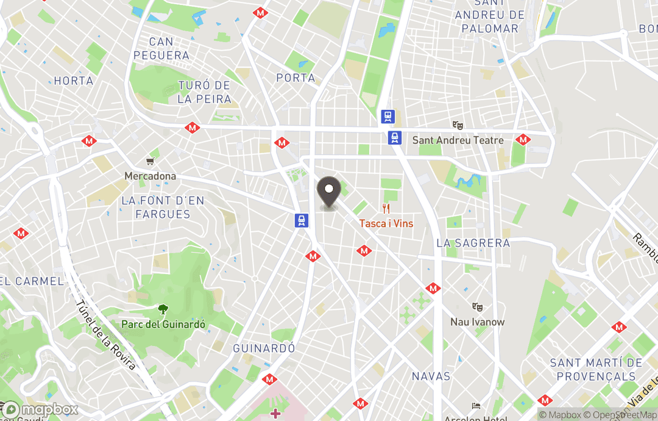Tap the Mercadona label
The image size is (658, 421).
150,176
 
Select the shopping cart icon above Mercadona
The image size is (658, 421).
150,162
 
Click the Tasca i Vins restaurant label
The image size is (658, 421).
386,223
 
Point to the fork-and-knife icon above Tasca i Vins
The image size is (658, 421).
386,208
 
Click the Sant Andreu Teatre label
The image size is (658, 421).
458,140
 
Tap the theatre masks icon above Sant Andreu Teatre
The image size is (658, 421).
458,125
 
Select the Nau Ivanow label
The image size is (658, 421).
478,322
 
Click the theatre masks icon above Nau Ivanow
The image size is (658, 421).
478,307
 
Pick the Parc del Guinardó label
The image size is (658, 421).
163,324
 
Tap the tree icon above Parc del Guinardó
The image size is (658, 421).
163,309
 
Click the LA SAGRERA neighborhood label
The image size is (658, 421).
473,243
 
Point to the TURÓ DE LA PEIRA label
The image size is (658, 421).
204,92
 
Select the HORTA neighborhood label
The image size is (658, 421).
74,81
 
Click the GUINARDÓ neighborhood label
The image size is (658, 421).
264,348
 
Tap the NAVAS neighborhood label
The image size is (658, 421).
431,376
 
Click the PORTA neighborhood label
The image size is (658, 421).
295,78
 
